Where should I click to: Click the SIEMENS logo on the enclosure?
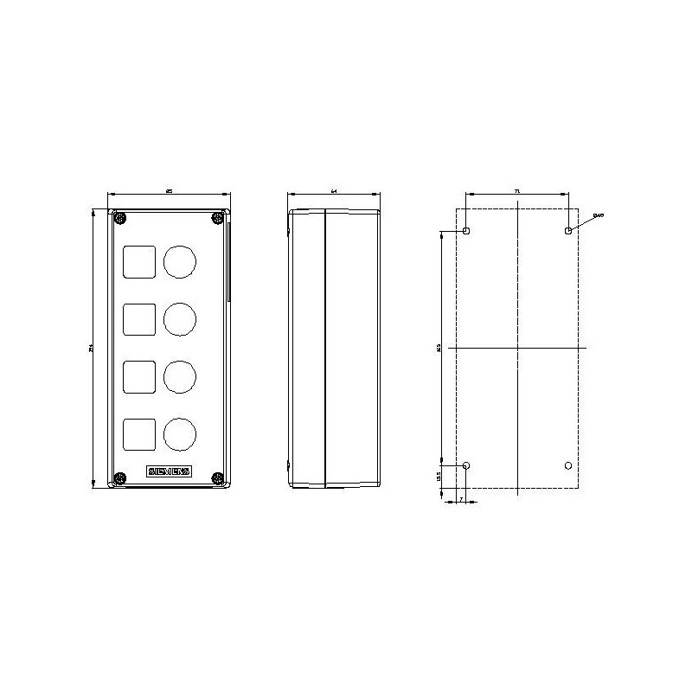pyautogui.click(x=170, y=472)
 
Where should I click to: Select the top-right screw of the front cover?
pyautogui.click(x=217, y=217)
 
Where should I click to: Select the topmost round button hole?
pyautogui.click(x=179, y=262)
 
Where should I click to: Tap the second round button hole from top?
pyautogui.click(x=179, y=319)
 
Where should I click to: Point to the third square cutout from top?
pyautogui.click(x=139, y=376)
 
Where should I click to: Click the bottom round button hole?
pyautogui.click(x=179, y=433)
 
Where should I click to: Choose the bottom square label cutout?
pyautogui.click(x=139, y=433)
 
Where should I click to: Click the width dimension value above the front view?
pyautogui.click(x=170, y=189)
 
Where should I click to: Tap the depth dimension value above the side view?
pyautogui.click(x=334, y=189)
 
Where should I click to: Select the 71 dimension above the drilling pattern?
pyautogui.click(x=516, y=189)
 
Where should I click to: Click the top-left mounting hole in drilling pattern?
pyautogui.click(x=467, y=231)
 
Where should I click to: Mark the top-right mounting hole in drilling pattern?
pyautogui.click(x=567, y=231)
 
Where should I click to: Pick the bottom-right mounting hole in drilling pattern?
pyautogui.click(x=567, y=466)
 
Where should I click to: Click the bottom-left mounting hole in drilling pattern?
pyautogui.click(x=467, y=466)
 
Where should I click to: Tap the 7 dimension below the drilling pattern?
pyautogui.click(x=461, y=500)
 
